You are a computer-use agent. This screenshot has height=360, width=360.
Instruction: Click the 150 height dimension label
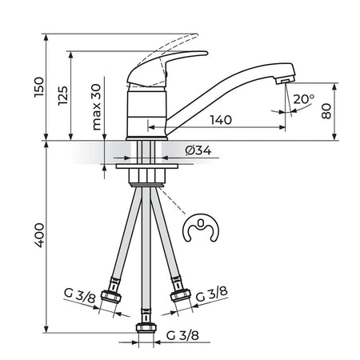[39, 87]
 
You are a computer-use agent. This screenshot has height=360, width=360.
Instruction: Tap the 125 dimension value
[63, 95]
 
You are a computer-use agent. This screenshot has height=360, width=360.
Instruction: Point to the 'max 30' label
[96, 107]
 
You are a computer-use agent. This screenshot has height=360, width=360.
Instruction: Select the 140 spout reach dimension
[221, 120]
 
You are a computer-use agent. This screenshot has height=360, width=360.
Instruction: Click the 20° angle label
[304, 99]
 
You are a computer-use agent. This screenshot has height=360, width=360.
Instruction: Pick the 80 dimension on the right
[326, 111]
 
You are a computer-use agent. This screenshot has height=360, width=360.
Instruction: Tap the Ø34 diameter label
[198, 150]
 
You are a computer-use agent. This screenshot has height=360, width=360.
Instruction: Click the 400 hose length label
[39, 235]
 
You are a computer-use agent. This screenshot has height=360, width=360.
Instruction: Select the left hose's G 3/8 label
[79, 295]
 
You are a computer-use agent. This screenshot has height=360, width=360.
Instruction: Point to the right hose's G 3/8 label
[212, 294]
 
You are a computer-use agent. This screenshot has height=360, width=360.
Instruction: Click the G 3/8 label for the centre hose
[182, 335]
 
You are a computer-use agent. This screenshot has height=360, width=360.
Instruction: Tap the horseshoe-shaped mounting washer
[201, 228]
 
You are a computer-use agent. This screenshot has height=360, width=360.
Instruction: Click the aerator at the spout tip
[285, 80]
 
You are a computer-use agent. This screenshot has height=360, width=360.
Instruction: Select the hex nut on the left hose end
[111, 297]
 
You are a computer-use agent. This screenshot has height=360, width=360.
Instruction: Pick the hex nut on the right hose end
[181, 295]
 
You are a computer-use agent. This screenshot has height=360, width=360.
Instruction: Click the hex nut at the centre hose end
[146, 327]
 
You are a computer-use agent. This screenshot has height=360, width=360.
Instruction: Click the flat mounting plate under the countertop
[147, 166]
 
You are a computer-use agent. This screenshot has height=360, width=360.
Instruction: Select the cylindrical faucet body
[146, 113]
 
